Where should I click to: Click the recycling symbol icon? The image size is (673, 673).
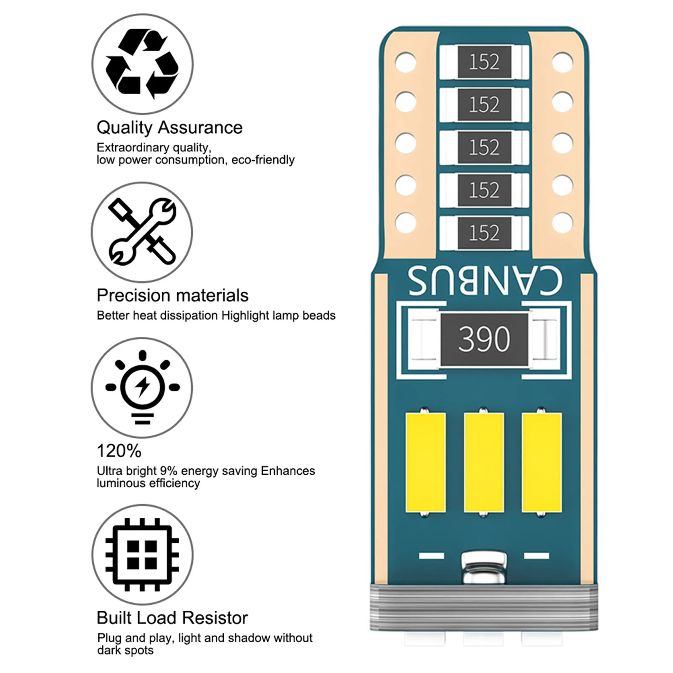pyautogui.click(x=142, y=64)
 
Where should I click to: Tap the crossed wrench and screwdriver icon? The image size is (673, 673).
pyautogui.click(x=142, y=232)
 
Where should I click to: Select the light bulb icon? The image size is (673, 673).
pyautogui.click(x=142, y=387)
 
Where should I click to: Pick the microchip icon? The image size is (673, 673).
pyautogui.click(x=142, y=554)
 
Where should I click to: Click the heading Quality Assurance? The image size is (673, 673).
pyautogui.click(x=170, y=127)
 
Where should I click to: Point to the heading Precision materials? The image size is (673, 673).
pyautogui.click(x=172, y=295)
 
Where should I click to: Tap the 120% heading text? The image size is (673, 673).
pyautogui.click(x=119, y=451)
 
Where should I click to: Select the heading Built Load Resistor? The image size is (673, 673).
pyautogui.click(x=172, y=618)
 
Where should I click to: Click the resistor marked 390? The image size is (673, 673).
pyautogui.click(x=484, y=339)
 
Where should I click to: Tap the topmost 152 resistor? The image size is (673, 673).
pyautogui.click(x=484, y=62)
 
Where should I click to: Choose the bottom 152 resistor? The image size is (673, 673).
pyautogui.click(x=484, y=233)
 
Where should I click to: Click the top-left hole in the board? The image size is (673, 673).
pyautogui.click(x=406, y=62)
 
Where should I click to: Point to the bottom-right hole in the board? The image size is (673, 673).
pyautogui.click(x=562, y=223)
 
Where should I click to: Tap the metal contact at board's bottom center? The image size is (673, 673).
pyautogui.click(x=484, y=568)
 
